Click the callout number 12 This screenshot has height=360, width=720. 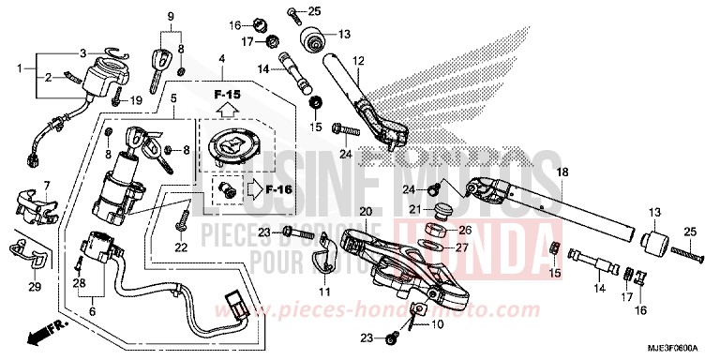click(356, 63)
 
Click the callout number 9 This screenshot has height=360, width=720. click(172, 18)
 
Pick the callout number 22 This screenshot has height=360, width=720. click(180, 247)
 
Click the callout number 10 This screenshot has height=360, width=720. click(437, 324)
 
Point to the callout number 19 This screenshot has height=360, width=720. click(135, 100)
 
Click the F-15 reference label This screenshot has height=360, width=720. click(227, 95)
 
